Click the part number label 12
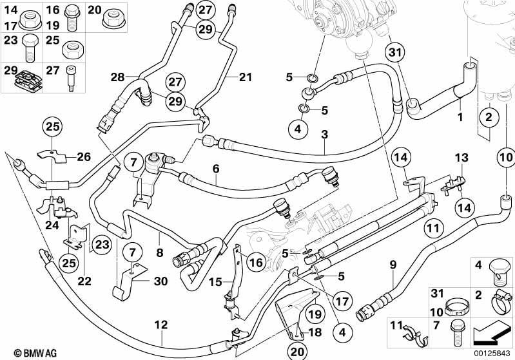(161, 325)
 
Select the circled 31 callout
(395, 52)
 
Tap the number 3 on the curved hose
(324, 134)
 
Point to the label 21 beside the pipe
(245, 77)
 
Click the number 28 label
(117, 77)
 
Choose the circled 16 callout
(256, 262)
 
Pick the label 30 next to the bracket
(160, 281)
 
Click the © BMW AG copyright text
(35, 353)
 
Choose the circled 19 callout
(315, 314)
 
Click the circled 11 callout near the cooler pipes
(434, 228)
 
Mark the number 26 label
(83, 157)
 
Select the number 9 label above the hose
(393, 265)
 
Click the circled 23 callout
(102, 245)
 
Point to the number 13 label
(462, 158)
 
